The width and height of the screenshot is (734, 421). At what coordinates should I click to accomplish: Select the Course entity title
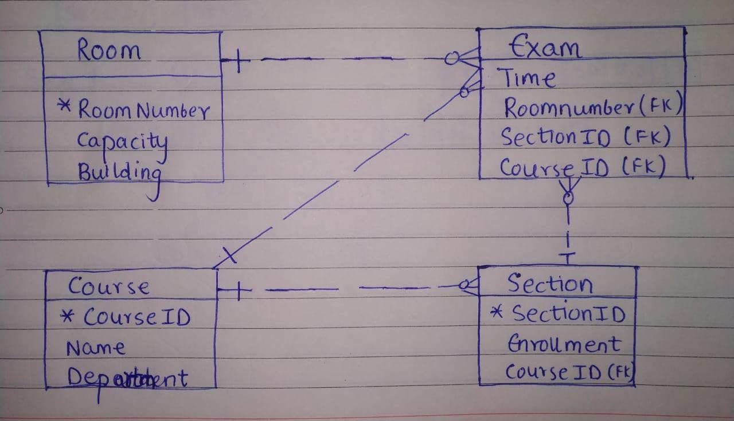coord(108,286)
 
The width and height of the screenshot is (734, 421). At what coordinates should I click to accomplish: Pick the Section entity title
coord(549,283)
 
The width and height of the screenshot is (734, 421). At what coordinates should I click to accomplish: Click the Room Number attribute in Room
coord(143,109)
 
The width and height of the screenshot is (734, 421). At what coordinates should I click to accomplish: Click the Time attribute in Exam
coord(526,78)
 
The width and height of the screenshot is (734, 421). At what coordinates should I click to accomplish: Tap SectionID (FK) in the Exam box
coord(585,137)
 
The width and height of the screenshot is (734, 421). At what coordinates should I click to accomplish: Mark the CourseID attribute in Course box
coord(136,317)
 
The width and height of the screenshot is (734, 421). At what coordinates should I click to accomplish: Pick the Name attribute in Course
coord(95,348)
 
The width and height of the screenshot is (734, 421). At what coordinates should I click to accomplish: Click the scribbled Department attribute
coord(127,378)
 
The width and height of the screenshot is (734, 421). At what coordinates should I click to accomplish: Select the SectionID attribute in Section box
coord(567,313)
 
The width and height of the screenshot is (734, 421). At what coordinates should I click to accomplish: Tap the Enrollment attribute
coord(563,344)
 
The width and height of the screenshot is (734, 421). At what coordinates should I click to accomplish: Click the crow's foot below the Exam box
coord(568,187)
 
